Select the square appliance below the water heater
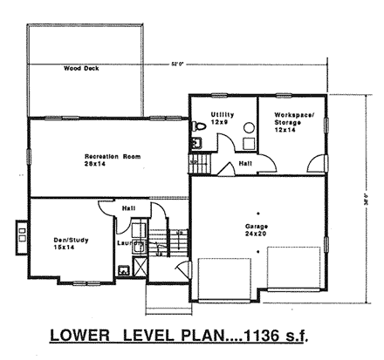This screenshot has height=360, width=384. tap(247, 145)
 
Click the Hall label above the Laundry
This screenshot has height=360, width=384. tap(127, 209)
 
